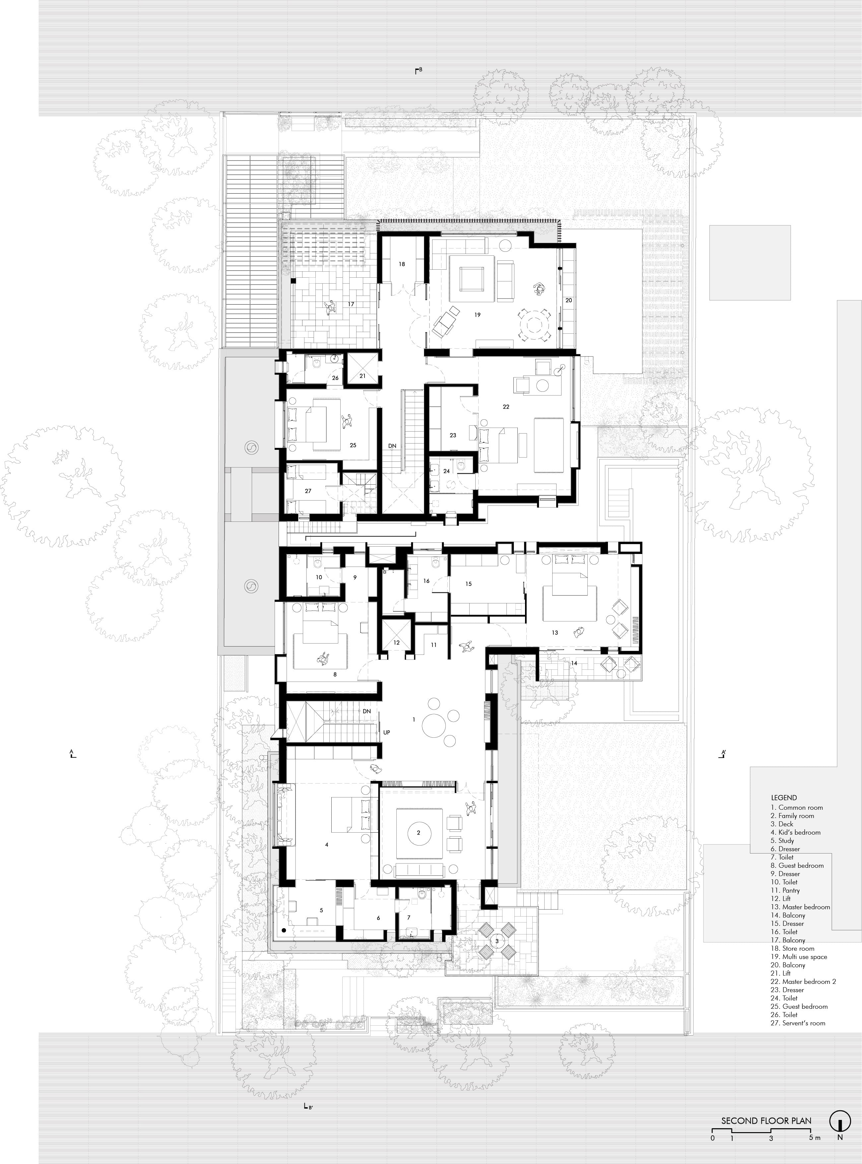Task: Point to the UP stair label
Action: point(387,732)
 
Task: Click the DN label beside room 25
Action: point(392,445)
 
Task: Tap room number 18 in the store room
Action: point(402,264)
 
